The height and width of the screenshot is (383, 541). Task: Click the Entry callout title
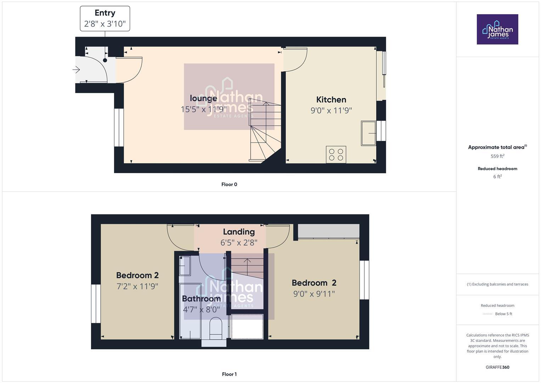coord(105,13)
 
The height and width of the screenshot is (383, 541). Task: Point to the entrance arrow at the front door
coord(76,70)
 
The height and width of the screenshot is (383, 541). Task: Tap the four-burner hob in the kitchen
coord(336,155)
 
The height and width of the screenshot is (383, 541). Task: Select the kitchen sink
coord(368,133)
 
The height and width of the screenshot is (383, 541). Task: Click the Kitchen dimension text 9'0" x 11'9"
coord(331,111)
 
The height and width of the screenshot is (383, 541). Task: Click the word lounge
coord(203,99)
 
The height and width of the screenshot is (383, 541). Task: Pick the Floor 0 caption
coord(229,184)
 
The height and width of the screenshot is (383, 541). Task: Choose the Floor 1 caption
coord(229,374)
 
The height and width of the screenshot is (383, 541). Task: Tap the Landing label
coord(238,232)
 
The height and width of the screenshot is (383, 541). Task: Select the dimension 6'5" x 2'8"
coord(238,243)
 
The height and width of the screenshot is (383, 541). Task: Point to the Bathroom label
coord(201,299)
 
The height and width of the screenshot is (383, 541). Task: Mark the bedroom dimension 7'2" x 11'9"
coord(137,286)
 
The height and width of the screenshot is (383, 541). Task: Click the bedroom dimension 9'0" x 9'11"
coord(314,294)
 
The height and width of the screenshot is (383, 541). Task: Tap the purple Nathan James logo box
coord(497,29)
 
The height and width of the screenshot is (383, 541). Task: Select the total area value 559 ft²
coord(497,156)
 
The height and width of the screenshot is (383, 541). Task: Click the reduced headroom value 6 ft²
coord(497,177)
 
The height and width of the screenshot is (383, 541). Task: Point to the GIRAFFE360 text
coord(497,367)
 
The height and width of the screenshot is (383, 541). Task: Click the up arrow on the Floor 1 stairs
coord(247,261)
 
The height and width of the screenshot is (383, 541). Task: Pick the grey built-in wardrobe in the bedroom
coord(328,231)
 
